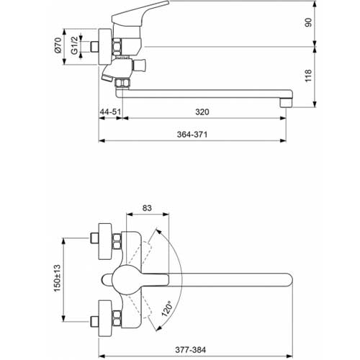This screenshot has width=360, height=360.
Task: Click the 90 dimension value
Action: tap(308, 22)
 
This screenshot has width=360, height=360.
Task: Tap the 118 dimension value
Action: tap(308, 76)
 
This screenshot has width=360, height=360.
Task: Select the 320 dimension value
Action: tap(202, 112)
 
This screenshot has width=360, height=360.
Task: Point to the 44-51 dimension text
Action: tap(110, 112)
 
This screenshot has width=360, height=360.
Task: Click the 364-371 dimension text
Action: tap(192, 135)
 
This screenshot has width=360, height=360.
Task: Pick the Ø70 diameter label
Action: tap(58, 45)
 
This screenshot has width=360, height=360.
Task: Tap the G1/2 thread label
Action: tap(75, 45)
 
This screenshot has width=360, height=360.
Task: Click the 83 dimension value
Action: tap(147, 208)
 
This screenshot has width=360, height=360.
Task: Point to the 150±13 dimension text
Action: tap(57, 278)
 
